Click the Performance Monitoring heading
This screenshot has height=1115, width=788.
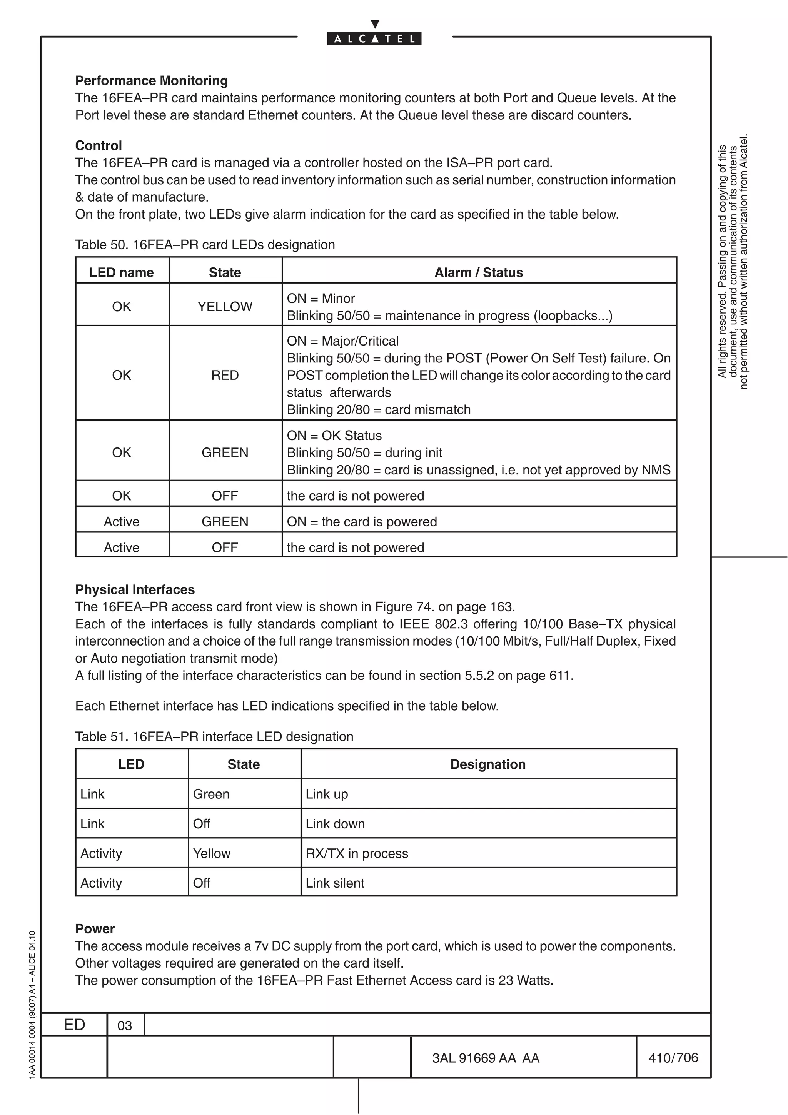[x=152, y=81]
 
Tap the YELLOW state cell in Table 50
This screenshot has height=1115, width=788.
[x=225, y=306]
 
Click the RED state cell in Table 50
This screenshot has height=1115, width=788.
[x=225, y=375]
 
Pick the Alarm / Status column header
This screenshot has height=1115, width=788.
[x=478, y=272]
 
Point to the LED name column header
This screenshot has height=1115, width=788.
[x=121, y=272]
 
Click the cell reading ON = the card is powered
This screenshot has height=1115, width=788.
[x=362, y=522]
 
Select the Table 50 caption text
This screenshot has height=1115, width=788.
[x=205, y=244]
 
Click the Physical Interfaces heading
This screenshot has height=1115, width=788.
[x=135, y=589]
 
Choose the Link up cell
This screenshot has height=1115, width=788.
[x=327, y=794]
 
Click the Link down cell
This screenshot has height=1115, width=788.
[x=335, y=824]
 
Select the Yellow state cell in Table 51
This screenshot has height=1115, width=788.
[x=212, y=853]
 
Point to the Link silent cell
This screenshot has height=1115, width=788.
[x=335, y=883]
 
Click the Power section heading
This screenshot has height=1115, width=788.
[x=95, y=928]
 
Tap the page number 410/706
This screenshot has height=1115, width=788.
[x=673, y=1057]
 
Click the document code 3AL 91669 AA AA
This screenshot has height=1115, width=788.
[x=486, y=1058]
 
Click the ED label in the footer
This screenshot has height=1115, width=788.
[x=74, y=1024]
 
